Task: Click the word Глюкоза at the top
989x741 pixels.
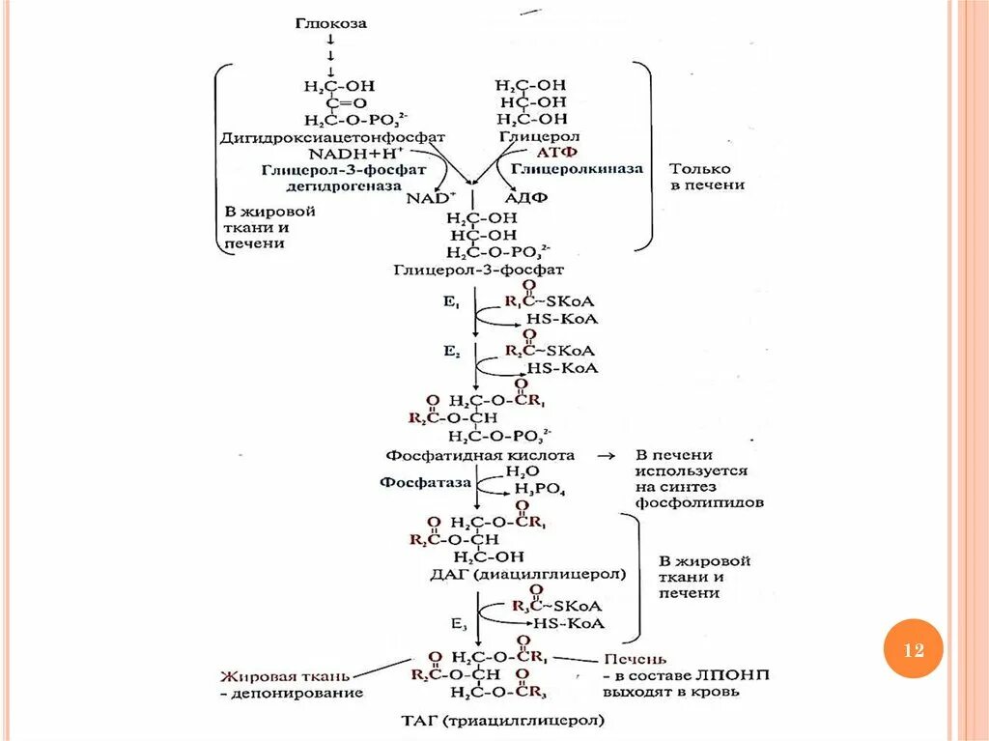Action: click(x=331, y=22)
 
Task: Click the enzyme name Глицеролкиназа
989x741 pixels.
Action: click(x=577, y=168)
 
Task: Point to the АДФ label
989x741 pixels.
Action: click(x=526, y=197)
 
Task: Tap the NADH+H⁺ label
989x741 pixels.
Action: click(x=356, y=153)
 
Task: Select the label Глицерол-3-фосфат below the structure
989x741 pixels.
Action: click(x=479, y=270)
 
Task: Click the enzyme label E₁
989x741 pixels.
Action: click(x=450, y=301)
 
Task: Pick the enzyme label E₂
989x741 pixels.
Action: click(x=450, y=353)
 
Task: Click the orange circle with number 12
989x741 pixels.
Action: click(x=913, y=650)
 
